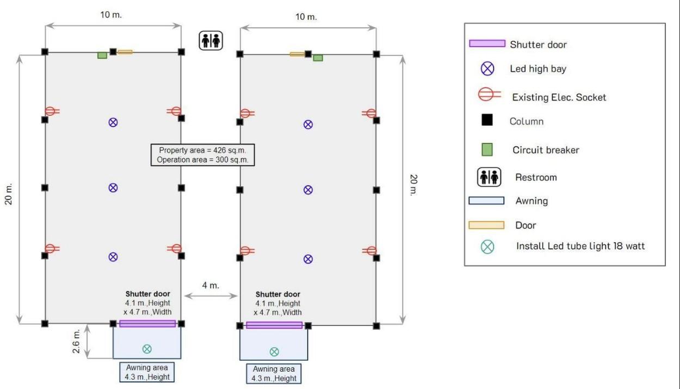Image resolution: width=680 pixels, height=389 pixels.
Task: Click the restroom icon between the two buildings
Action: [211, 41]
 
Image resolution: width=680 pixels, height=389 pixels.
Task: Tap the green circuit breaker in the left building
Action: [102, 55]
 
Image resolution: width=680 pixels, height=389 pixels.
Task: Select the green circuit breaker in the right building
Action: [318, 57]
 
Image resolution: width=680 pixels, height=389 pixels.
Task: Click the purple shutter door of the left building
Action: [147, 323]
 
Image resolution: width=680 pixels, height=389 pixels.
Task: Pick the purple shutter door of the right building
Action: [274, 325]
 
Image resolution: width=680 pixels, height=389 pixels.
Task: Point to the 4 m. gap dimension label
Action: [211, 286]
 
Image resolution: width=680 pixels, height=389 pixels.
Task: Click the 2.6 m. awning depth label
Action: [77, 341]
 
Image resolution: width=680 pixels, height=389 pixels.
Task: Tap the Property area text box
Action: [203, 155]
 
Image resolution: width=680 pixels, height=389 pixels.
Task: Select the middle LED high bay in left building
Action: [113, 188]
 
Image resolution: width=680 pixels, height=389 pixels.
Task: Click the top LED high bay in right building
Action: [308, 125]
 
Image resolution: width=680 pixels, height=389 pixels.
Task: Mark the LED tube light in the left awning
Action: [147, 349]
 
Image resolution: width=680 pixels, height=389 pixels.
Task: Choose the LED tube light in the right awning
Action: [274, 351]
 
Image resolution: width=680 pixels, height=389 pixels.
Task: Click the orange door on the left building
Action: [125, 52]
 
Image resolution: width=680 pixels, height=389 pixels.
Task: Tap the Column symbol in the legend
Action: [487, 120]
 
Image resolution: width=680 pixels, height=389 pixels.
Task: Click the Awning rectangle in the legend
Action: [486, 201]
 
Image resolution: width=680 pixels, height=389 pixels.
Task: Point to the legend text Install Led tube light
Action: [580, 246]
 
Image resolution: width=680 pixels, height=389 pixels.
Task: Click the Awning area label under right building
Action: [274, 374]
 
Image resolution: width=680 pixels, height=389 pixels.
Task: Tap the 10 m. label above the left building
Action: [112, 15]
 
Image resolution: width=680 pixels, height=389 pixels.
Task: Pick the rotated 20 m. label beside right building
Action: [413, 186]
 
